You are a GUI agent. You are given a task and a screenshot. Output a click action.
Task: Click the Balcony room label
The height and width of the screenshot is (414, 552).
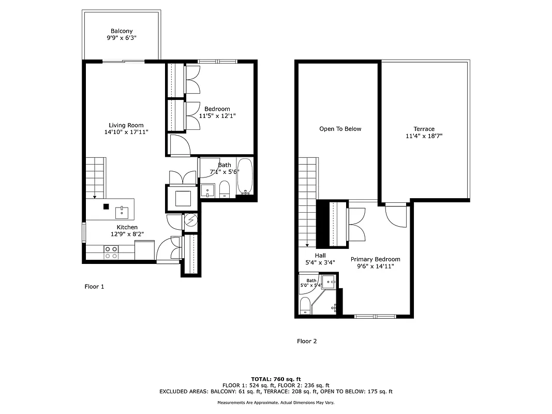pos(121,31)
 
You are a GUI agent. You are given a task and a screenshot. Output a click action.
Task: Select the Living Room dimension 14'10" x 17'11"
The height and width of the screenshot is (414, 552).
pos(126,132)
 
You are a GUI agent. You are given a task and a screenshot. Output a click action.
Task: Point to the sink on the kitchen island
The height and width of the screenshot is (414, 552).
pos(123,211)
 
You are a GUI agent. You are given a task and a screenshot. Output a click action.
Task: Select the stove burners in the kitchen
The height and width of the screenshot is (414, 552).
pos(111,252)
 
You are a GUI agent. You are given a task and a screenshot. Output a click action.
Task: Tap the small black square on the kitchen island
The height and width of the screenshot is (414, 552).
pos(106,206)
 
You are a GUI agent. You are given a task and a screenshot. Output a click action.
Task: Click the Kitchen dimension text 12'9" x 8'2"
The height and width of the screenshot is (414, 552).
pos(127,234)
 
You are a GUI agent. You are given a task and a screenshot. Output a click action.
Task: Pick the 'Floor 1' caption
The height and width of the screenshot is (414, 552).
pos(94,286)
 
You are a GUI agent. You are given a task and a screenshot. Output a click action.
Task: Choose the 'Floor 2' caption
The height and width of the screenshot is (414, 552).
pos(307,341)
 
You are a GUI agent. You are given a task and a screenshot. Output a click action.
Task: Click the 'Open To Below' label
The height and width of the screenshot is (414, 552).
pos(340,129)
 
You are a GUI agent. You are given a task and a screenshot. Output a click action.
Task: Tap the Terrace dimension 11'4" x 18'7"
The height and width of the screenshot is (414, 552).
pos(424,136)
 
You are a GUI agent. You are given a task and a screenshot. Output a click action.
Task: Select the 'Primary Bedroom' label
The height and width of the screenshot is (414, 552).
pos(375,259)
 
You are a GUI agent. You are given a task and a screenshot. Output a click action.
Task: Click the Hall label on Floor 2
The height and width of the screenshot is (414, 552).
pos(320,255)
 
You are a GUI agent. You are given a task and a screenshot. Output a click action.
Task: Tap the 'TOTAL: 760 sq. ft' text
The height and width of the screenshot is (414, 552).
pos(276,379)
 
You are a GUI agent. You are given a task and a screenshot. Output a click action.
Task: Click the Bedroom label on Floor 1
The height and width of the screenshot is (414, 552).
pos(217,109)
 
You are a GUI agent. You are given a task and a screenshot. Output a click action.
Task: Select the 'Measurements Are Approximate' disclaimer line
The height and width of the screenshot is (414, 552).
pos(276,403)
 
